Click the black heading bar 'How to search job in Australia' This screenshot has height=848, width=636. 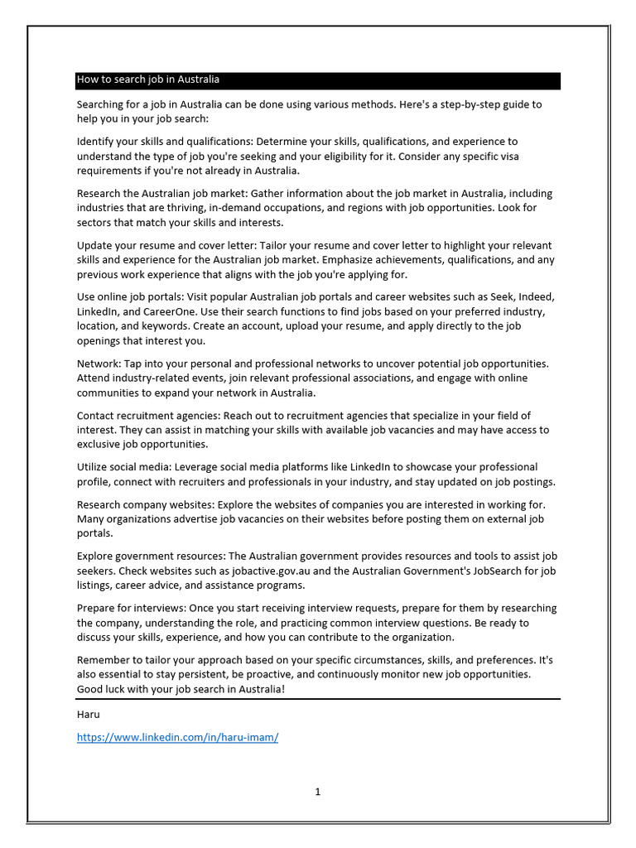coord(318,80)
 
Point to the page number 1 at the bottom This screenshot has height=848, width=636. coord(317,792)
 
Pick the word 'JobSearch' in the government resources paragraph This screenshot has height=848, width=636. coord(484,571)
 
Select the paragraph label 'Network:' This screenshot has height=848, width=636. coord(99,364)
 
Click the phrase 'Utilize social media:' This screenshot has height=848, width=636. coord(128,467)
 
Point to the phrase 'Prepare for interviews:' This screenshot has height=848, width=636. coord(132,608)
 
